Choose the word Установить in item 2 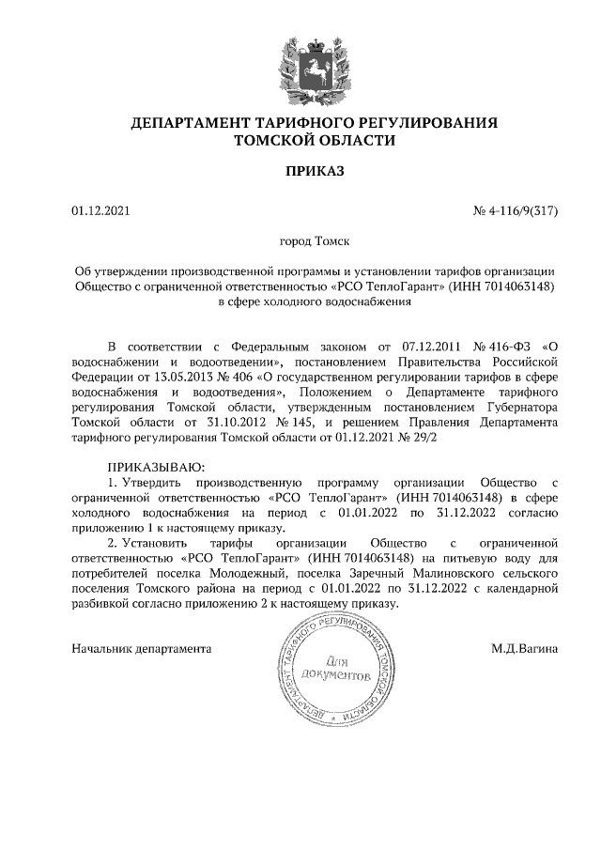click(160, 542)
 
